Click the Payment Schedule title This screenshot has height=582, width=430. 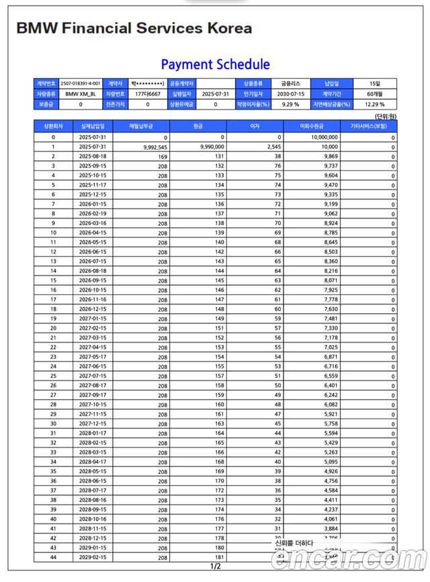click(215, 65)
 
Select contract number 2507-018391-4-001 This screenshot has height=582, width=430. click(81, 84)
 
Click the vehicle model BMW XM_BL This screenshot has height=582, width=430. click(81, 94)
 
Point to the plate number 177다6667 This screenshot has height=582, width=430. click(147, 94)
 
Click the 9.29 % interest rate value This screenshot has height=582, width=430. click(289, 105)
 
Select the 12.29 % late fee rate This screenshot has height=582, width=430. click(374, 105)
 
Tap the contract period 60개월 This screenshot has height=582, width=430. click(374, 94)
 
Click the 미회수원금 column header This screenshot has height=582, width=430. click(312, 126)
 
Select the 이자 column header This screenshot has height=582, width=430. click(255, 126)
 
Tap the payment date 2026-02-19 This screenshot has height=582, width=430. click(91, 213)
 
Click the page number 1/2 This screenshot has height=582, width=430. click(215, 567)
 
